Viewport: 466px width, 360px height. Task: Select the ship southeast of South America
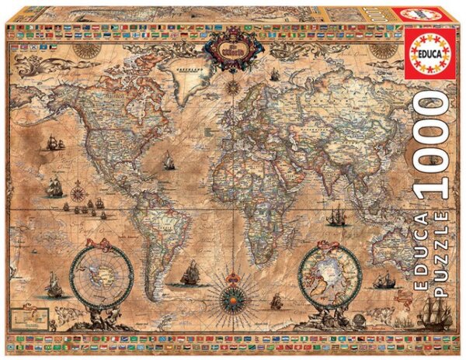189,272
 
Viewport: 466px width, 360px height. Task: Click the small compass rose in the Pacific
80,186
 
